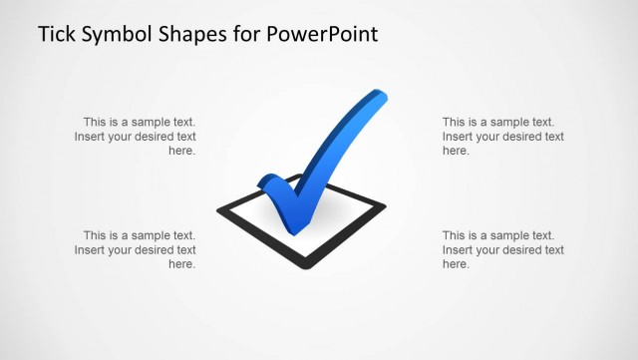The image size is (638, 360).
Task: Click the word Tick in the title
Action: click(x=58, y=35)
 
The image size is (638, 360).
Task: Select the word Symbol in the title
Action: click(x=124, y=36)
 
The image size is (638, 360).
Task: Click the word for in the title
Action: click(x=249, y=35)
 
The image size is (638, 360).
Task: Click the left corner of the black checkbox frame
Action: click(x=218, y=210)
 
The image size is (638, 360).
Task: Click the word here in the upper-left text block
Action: click(x=181, y=151)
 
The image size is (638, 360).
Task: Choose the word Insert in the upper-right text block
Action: click(x=459, y=137)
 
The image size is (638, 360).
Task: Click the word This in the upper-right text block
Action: click(x=455, y=122)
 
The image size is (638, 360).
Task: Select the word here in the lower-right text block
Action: click(x=456, y=264)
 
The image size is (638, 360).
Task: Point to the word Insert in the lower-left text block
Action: click(x=91, y=250)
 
